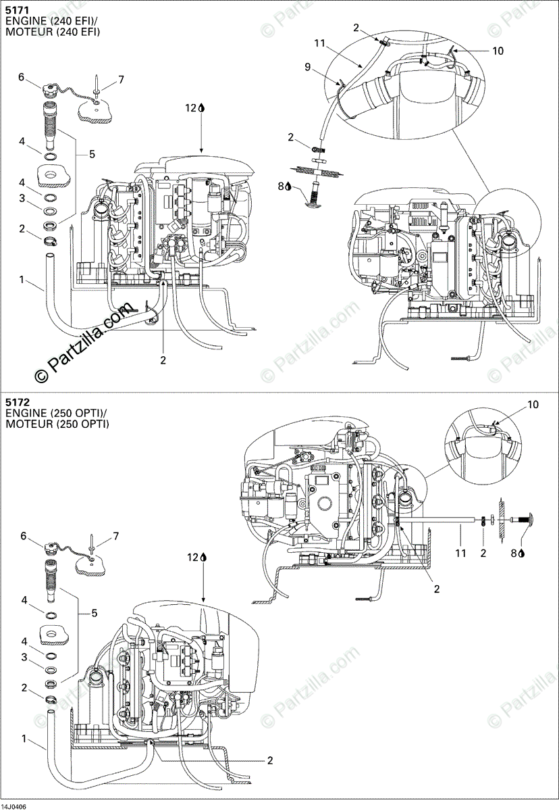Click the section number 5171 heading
pyautogui.click(x=16, y=10)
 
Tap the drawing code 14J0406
pyautogui.click(x=14, y=806)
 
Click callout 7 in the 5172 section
pyautogui.click(x=115, y=536)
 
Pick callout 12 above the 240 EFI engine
pyautogui.click(x=192, y=107)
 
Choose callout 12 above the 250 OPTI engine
pyautogui.click(x=192, y=557)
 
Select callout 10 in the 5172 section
pyautogui.click(x=533, y=405)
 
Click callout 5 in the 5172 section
pyautogui.click(x=95, y=613)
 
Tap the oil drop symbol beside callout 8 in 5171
pyautogui.click(x=288, y=185)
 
